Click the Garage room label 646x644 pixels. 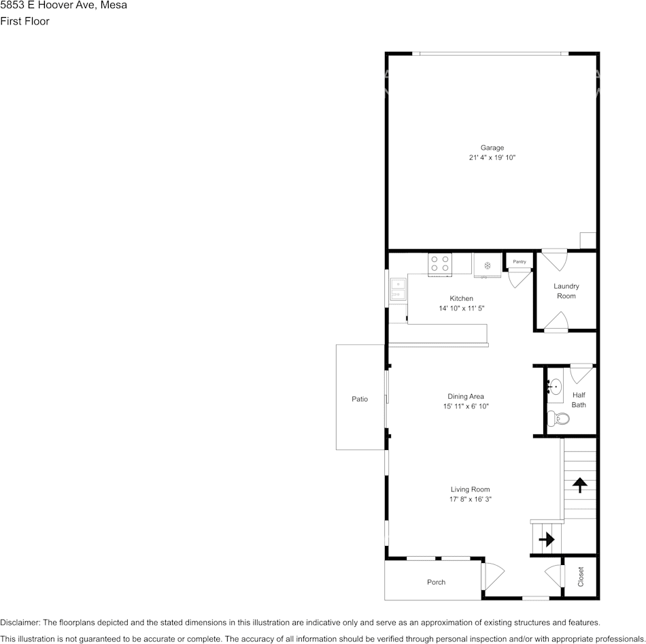tap(492, 148)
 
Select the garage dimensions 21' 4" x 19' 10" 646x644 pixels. tap(492, 157)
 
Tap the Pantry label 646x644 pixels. tap(519, 261)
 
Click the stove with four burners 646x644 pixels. tap(439, 264)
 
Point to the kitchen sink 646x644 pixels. tap(398, 289)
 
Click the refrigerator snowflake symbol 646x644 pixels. tap(487, 265)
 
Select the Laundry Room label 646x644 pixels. tap(566, 291)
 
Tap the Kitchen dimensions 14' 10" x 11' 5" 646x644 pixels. tap(462, 308)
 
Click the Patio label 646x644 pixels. tap(360, 399)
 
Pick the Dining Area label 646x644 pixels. tap(466, 396)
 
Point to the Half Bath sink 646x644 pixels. tap(555, 387)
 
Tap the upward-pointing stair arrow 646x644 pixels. tap(579, 485)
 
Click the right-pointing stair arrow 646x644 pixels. tap(547, 538)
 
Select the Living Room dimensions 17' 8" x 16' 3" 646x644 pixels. tap(470, 499)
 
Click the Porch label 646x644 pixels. tap(436, 582)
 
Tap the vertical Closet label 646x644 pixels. tap(581, 577)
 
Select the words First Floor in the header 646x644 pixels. tap(24, 21)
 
